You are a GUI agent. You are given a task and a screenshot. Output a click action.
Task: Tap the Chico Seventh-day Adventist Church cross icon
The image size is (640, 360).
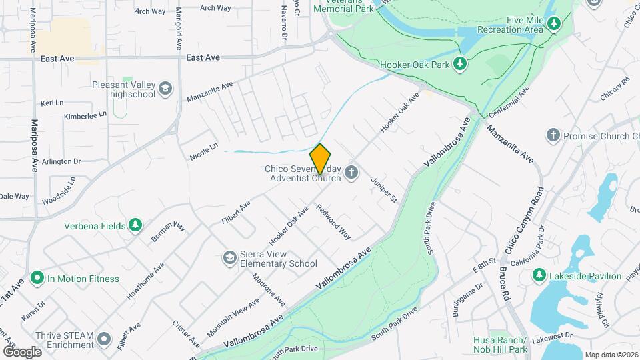point(352,173)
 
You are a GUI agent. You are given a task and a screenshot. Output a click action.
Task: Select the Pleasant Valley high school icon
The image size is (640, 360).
point(166,89)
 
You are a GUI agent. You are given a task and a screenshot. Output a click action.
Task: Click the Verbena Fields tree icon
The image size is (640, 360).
point(136,225)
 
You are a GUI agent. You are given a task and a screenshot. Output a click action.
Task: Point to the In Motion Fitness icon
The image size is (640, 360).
point(37,279)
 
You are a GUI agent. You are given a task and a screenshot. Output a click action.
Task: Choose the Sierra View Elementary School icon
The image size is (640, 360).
point(229,258)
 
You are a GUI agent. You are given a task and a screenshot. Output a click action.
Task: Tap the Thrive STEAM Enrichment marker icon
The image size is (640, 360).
point(104,339)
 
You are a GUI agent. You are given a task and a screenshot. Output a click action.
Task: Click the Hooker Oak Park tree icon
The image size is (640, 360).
point(459,64)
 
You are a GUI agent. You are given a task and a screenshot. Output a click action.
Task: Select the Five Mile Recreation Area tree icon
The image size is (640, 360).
point(553,25)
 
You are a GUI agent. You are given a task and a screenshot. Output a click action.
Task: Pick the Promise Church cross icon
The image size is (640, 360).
point(553,136)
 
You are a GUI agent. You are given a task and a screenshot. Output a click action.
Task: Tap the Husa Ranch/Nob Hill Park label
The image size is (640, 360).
point(500,345)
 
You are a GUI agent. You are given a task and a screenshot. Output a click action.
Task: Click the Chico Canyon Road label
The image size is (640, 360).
point(526,219)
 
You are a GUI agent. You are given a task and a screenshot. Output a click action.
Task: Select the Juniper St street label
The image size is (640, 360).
point(385,190)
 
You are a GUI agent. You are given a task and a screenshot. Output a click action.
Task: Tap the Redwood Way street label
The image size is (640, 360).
point(333,221)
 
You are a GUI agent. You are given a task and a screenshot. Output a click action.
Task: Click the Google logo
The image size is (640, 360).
point(22,351)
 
